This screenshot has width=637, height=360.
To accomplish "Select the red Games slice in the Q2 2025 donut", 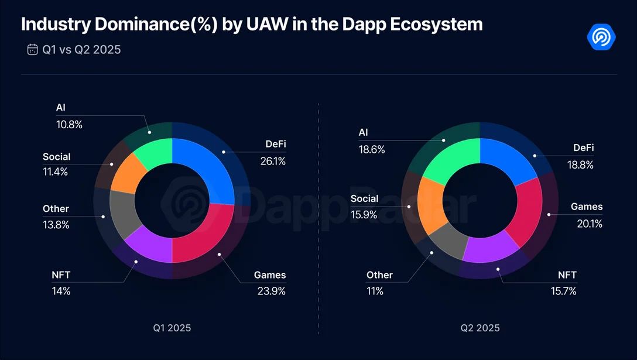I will click(x=524, y=211).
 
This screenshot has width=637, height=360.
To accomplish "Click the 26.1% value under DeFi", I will click(x=273, y=161).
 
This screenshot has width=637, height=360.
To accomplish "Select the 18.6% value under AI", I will click(x=372, y=149).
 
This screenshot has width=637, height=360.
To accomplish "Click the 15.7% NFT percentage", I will click(x=564, y=290).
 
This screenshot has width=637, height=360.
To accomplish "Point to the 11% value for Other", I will click(x=375, y=290).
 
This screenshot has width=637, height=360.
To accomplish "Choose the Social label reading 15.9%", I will click(x=364, y=198).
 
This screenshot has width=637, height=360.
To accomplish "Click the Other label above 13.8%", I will click(x=56, y=208).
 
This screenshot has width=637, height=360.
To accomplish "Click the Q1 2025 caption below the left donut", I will click(x=172, y=327).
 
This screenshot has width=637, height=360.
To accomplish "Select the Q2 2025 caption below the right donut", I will click(x=480, y=327).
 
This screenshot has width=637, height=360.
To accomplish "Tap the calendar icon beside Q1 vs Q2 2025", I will click(x=32, y=50).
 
